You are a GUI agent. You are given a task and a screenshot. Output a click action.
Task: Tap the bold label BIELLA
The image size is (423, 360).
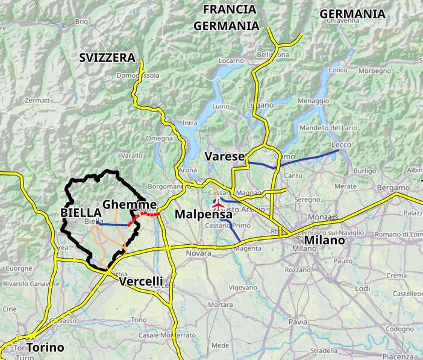tap(80, 213)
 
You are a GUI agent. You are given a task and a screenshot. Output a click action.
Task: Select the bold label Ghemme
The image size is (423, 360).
tap(130, 204)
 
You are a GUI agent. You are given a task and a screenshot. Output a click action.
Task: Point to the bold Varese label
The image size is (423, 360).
tap(225, 157)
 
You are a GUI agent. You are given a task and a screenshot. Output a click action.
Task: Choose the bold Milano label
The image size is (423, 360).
tap(324, 240)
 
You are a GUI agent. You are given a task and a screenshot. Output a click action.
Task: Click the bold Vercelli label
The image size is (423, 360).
tap(141, 282)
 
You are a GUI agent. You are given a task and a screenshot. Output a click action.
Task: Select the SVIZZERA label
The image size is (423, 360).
tap(107, 57)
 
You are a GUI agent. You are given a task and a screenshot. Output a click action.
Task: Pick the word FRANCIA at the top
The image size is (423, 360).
tap(230, 10)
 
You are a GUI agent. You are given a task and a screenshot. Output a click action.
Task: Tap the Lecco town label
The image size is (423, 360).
tap(340, 145)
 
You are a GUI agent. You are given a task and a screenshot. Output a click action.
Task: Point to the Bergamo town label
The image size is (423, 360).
tap(393, 188)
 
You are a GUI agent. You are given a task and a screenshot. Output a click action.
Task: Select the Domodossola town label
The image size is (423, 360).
tap(138, 76)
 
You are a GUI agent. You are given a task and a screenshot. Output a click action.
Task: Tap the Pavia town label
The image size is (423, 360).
tap(298, 322)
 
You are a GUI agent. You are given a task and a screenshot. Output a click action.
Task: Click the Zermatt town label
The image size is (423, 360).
tap(39, 100)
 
